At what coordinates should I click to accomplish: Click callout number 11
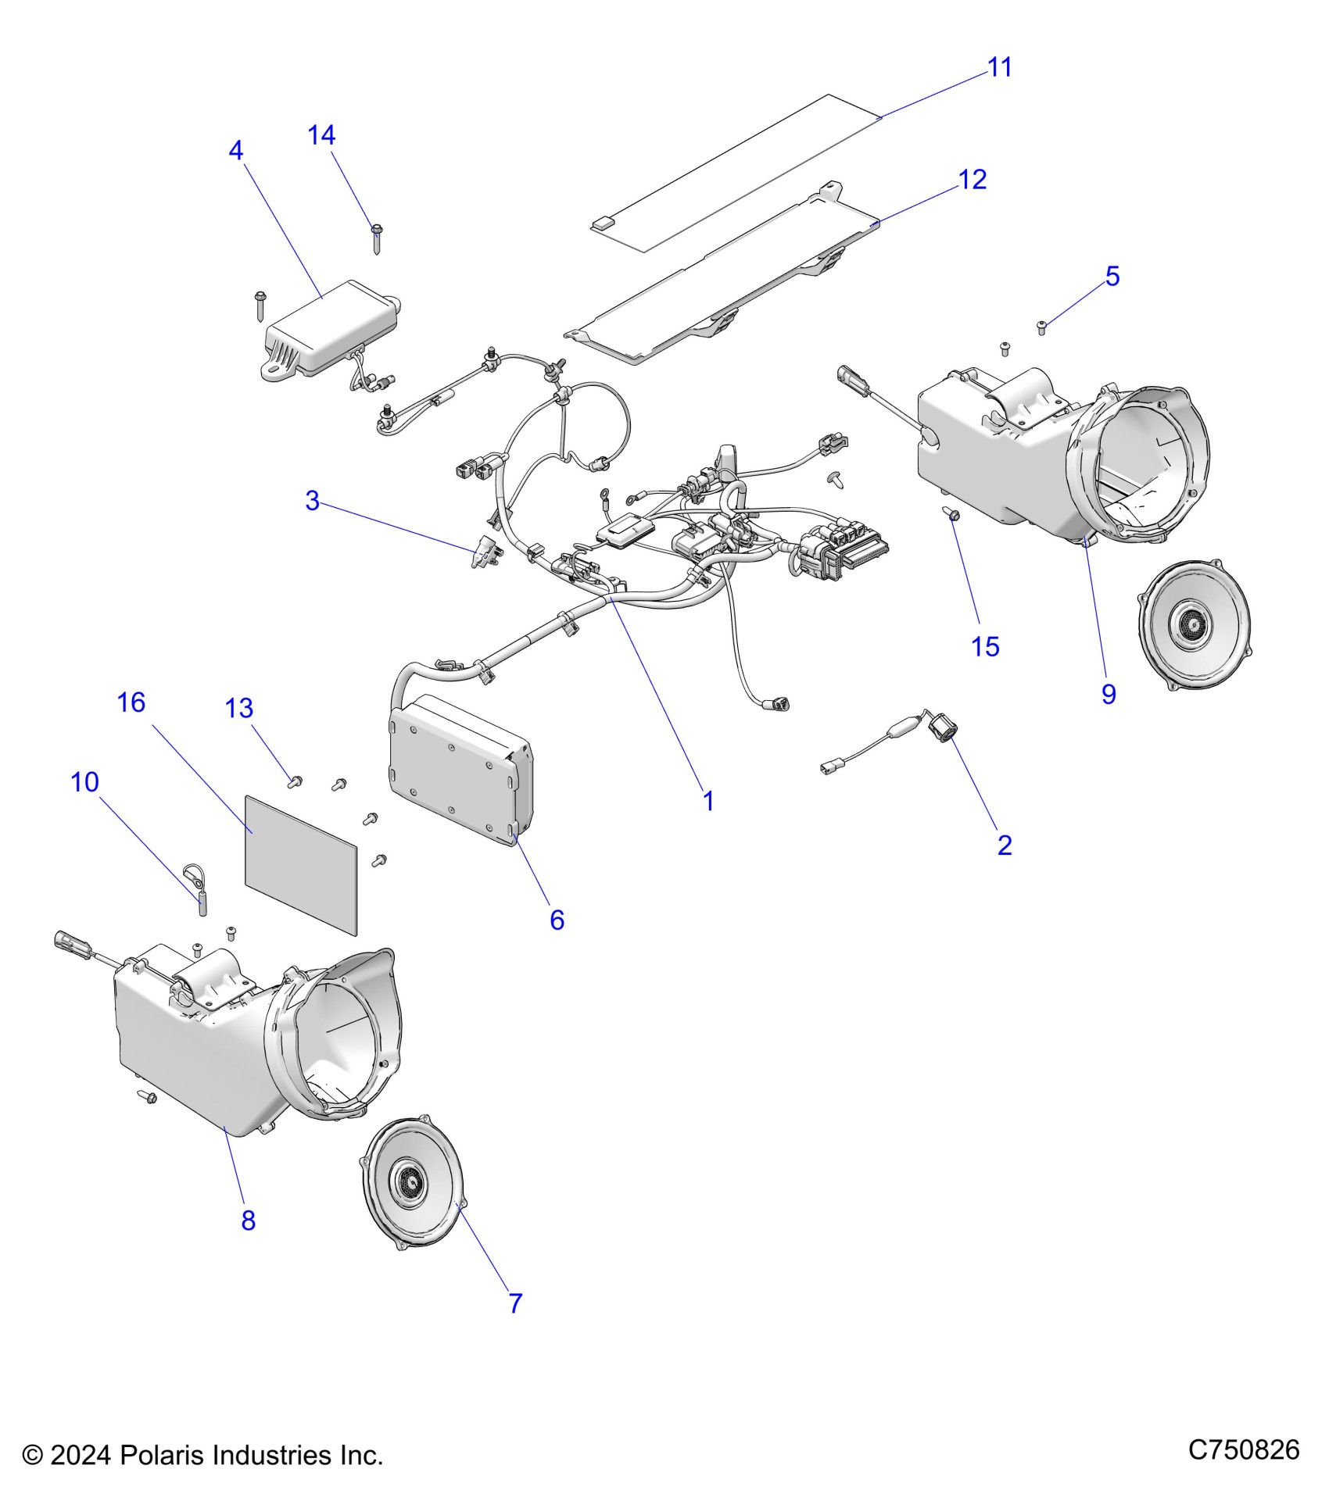tap(1000, 68)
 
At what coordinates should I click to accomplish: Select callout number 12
tap(973, 180)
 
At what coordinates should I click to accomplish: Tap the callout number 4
tap(236, 151)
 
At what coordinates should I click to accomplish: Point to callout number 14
tap(321, 136)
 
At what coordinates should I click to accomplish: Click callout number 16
tap(131, 703)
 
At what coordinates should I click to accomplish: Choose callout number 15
tap(985, 647)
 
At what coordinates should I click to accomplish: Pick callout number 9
tap(1109, 694)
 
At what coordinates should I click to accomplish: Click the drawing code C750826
tap(1243, 1450)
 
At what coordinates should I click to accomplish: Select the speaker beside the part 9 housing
tap(1194, 624)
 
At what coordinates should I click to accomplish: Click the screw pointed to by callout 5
tap(1041, 327)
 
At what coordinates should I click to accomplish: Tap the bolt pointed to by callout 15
tap(952, 513)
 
